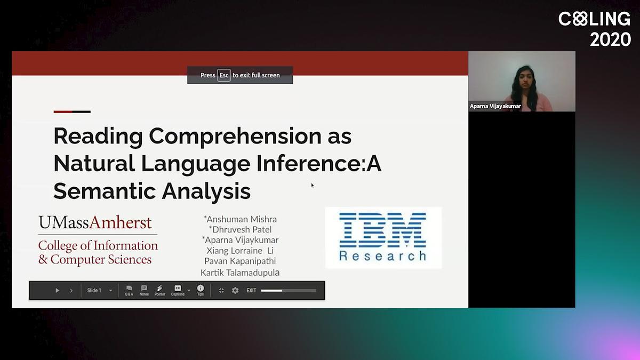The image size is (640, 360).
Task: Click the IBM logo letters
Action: click(x=382, y=230)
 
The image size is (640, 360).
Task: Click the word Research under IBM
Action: click(x=383, y=256)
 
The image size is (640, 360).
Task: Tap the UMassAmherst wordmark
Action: click(x=95, y=222)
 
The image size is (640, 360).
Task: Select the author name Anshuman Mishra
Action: click(x=241, y=219)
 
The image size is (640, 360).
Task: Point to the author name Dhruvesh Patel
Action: click(x=241, y=229)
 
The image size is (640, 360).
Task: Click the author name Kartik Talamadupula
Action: click(x=240, y=273)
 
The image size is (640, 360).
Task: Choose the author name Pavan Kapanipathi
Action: click(x=240, y=261)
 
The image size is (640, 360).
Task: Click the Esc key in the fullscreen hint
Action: click(x=223, y=75)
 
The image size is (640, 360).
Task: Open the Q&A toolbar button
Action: click(x=129, y=290)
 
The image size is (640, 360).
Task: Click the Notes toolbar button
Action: click(x=144, y=290)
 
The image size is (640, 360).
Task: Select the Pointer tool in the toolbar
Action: click(x=159, y=290)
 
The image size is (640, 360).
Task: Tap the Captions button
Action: click(x=178, y=290)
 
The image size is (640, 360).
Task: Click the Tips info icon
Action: click(x=201, y=288)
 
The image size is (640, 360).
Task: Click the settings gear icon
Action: click(x=235, y=291)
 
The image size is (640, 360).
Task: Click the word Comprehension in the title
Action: click(x=235, y=137)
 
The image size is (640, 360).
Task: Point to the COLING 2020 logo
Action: click(x=595, y=29)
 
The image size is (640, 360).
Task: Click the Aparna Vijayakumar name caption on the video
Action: click(x=495, y=106)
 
